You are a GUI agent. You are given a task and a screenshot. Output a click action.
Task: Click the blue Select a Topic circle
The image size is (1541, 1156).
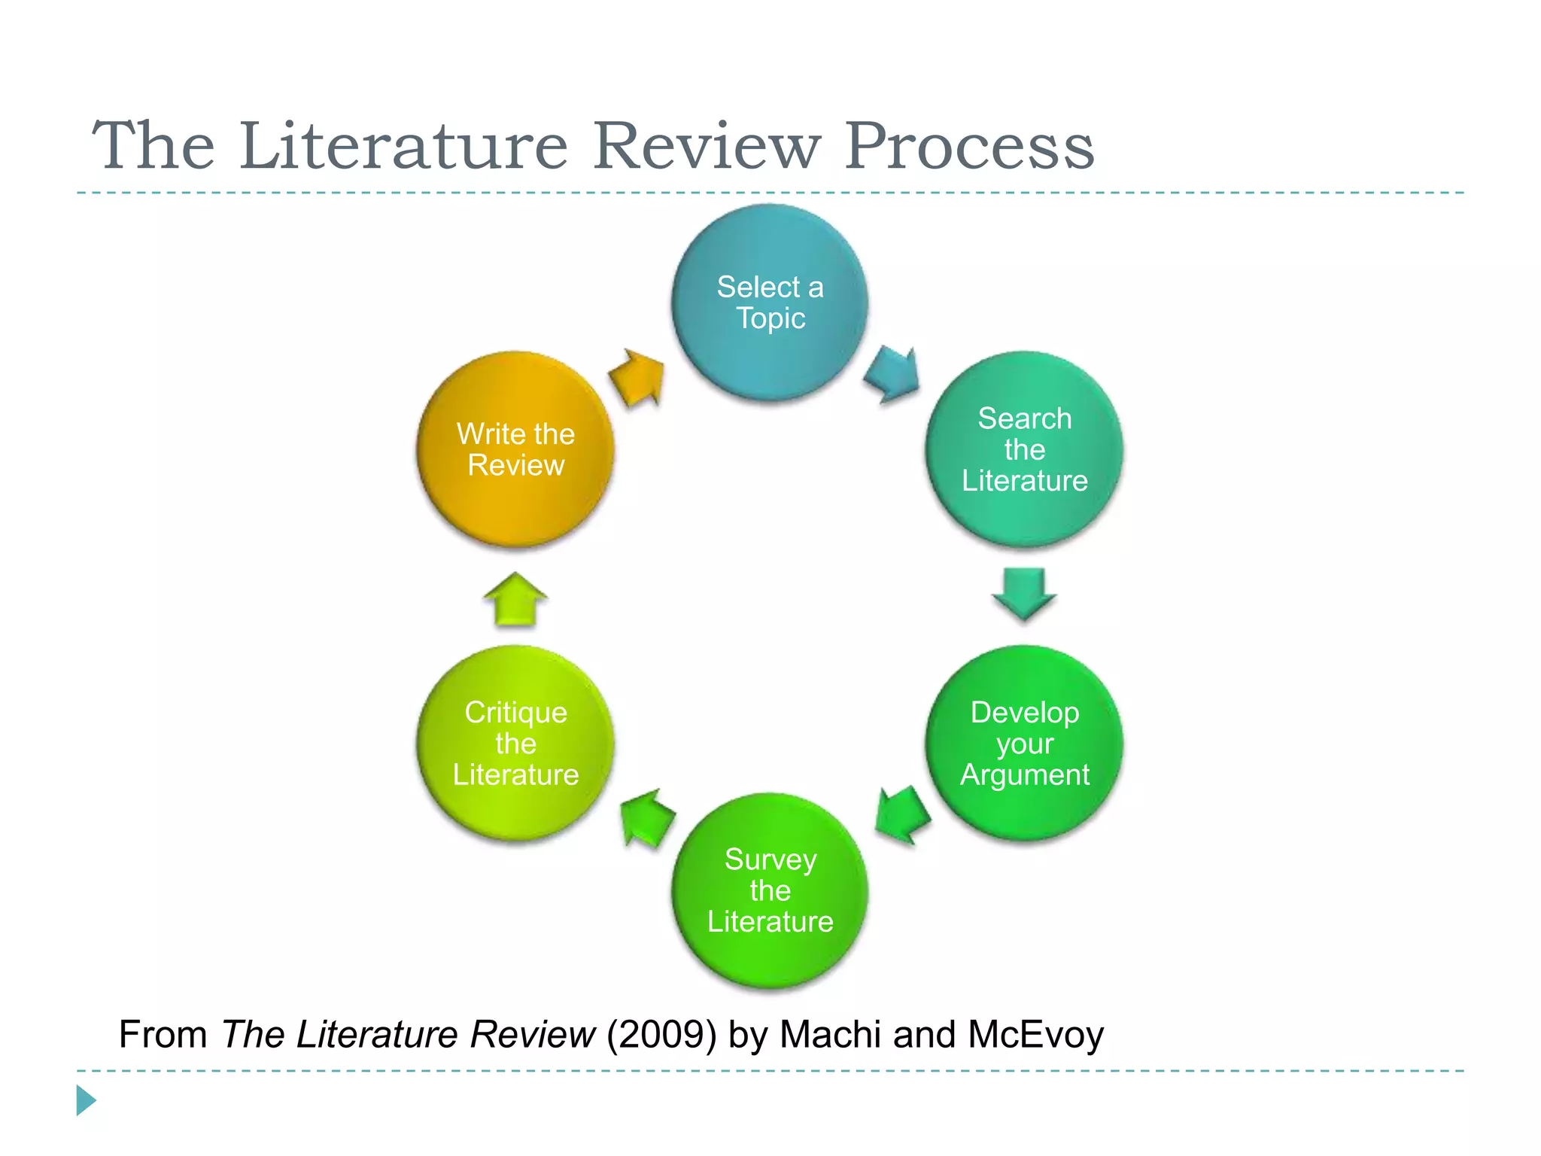pos(770,303)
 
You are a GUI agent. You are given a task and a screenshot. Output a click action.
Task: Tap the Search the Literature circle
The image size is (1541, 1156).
pos(1024,449)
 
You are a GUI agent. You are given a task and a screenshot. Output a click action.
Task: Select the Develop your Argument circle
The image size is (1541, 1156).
pos(1024,743)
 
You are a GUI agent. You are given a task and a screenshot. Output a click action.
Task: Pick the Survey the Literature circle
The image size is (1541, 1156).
pos(770,890)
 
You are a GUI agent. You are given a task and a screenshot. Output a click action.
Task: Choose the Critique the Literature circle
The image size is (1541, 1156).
pos(515,743)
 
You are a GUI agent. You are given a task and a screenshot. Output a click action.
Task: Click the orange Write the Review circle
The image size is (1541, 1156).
pos(515,449)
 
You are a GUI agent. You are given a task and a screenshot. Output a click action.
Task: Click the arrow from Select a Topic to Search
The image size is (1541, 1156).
pos(893,374)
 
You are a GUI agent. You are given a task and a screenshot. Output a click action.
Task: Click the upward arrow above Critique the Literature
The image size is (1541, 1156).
pos(515,599)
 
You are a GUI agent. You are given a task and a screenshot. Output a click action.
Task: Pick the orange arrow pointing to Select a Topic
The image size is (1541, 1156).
pos(638,377)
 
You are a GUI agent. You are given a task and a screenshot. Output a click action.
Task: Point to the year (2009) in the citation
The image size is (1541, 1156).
pos(661,1034)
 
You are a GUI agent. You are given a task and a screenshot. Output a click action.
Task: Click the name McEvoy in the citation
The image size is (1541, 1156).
pos(1035,1034)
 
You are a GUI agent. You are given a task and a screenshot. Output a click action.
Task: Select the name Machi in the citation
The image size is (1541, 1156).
pos(830,1034)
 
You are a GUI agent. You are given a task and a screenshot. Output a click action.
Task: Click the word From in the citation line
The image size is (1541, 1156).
pos(163,1034)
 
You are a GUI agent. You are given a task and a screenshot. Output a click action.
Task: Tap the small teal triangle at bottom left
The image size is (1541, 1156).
pos(86,1100)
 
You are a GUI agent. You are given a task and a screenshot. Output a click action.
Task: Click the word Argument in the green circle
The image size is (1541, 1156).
pos(1024,775)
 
